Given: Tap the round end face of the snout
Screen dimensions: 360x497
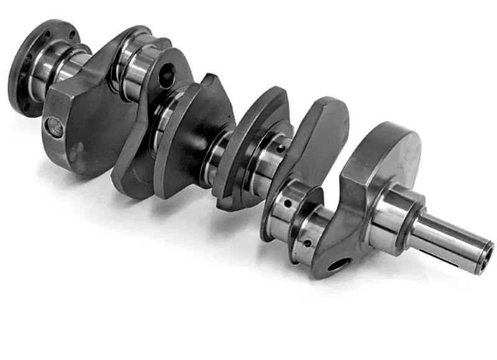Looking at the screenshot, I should tap(485, 257).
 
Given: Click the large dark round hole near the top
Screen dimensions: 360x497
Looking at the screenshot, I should tap(166, 76).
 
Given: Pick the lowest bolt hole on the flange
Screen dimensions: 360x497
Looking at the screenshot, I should tap(27, 107).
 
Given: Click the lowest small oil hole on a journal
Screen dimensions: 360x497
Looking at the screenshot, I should tap(307, 243).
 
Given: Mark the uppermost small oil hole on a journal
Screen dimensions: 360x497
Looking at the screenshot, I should tap(281, 148).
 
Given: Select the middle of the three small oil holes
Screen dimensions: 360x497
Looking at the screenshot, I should tap(286, 203).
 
